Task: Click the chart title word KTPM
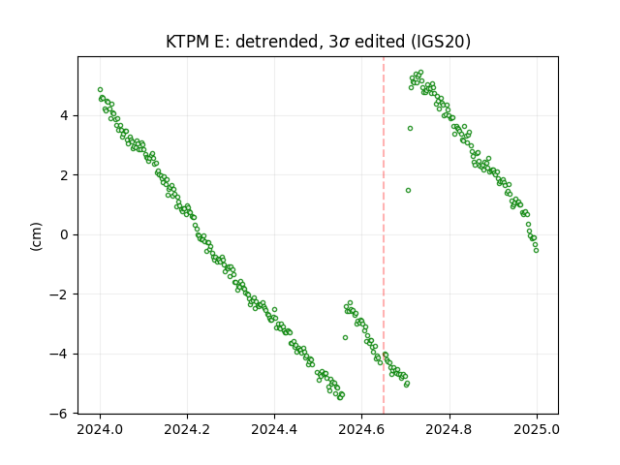(x=188, y=42)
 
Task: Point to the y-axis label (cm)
(x=36, y=236)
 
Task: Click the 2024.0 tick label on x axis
(x=100, y=429)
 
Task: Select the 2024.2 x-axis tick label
(x=187, y=429)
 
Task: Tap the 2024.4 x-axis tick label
(x=274, y=429)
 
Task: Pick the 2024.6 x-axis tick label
(x=361, y=429)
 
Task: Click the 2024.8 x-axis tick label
(x=449, y=429)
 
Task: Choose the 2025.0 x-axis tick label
(x=537, y=429)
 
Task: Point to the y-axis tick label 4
(x=64, y=116)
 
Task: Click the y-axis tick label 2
(x=64, y=175)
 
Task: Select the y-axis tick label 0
(x=64, y=234)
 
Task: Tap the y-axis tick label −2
(x=58, y=294)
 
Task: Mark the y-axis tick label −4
(x=58, y=354)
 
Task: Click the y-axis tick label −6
(x=58, y=414)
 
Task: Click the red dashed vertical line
(x=384, y=235)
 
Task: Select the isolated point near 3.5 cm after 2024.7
(x=410, y=128)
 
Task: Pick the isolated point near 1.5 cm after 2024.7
(x=408, y=190)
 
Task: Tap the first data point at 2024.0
(x=100, y=90)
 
